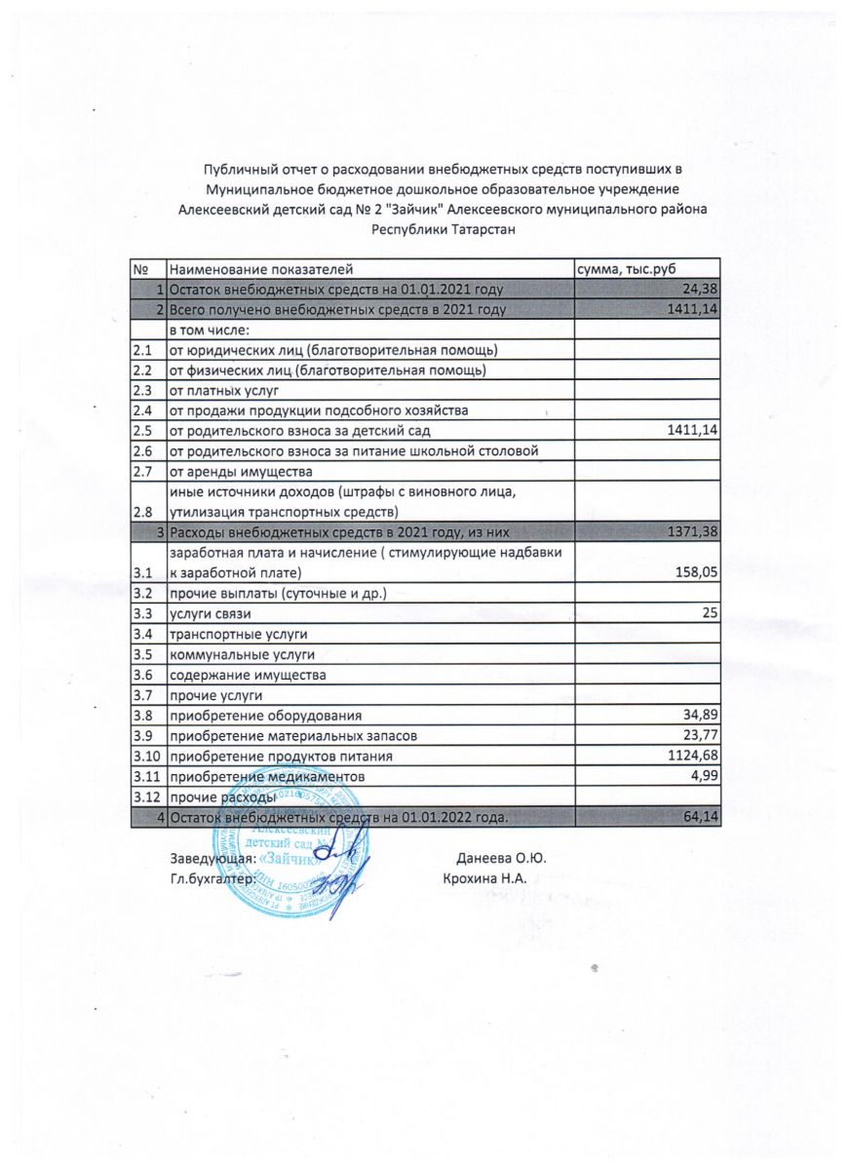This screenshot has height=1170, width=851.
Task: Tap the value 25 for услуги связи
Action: (x=711, y=612)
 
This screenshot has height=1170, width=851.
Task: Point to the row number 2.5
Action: (x=141, y=430)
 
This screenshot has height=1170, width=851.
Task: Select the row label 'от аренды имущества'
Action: (x=233, y=471)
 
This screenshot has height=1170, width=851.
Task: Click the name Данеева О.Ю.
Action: (x=500, y=859)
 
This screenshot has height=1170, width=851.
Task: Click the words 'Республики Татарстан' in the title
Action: (x=442, y=229)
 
